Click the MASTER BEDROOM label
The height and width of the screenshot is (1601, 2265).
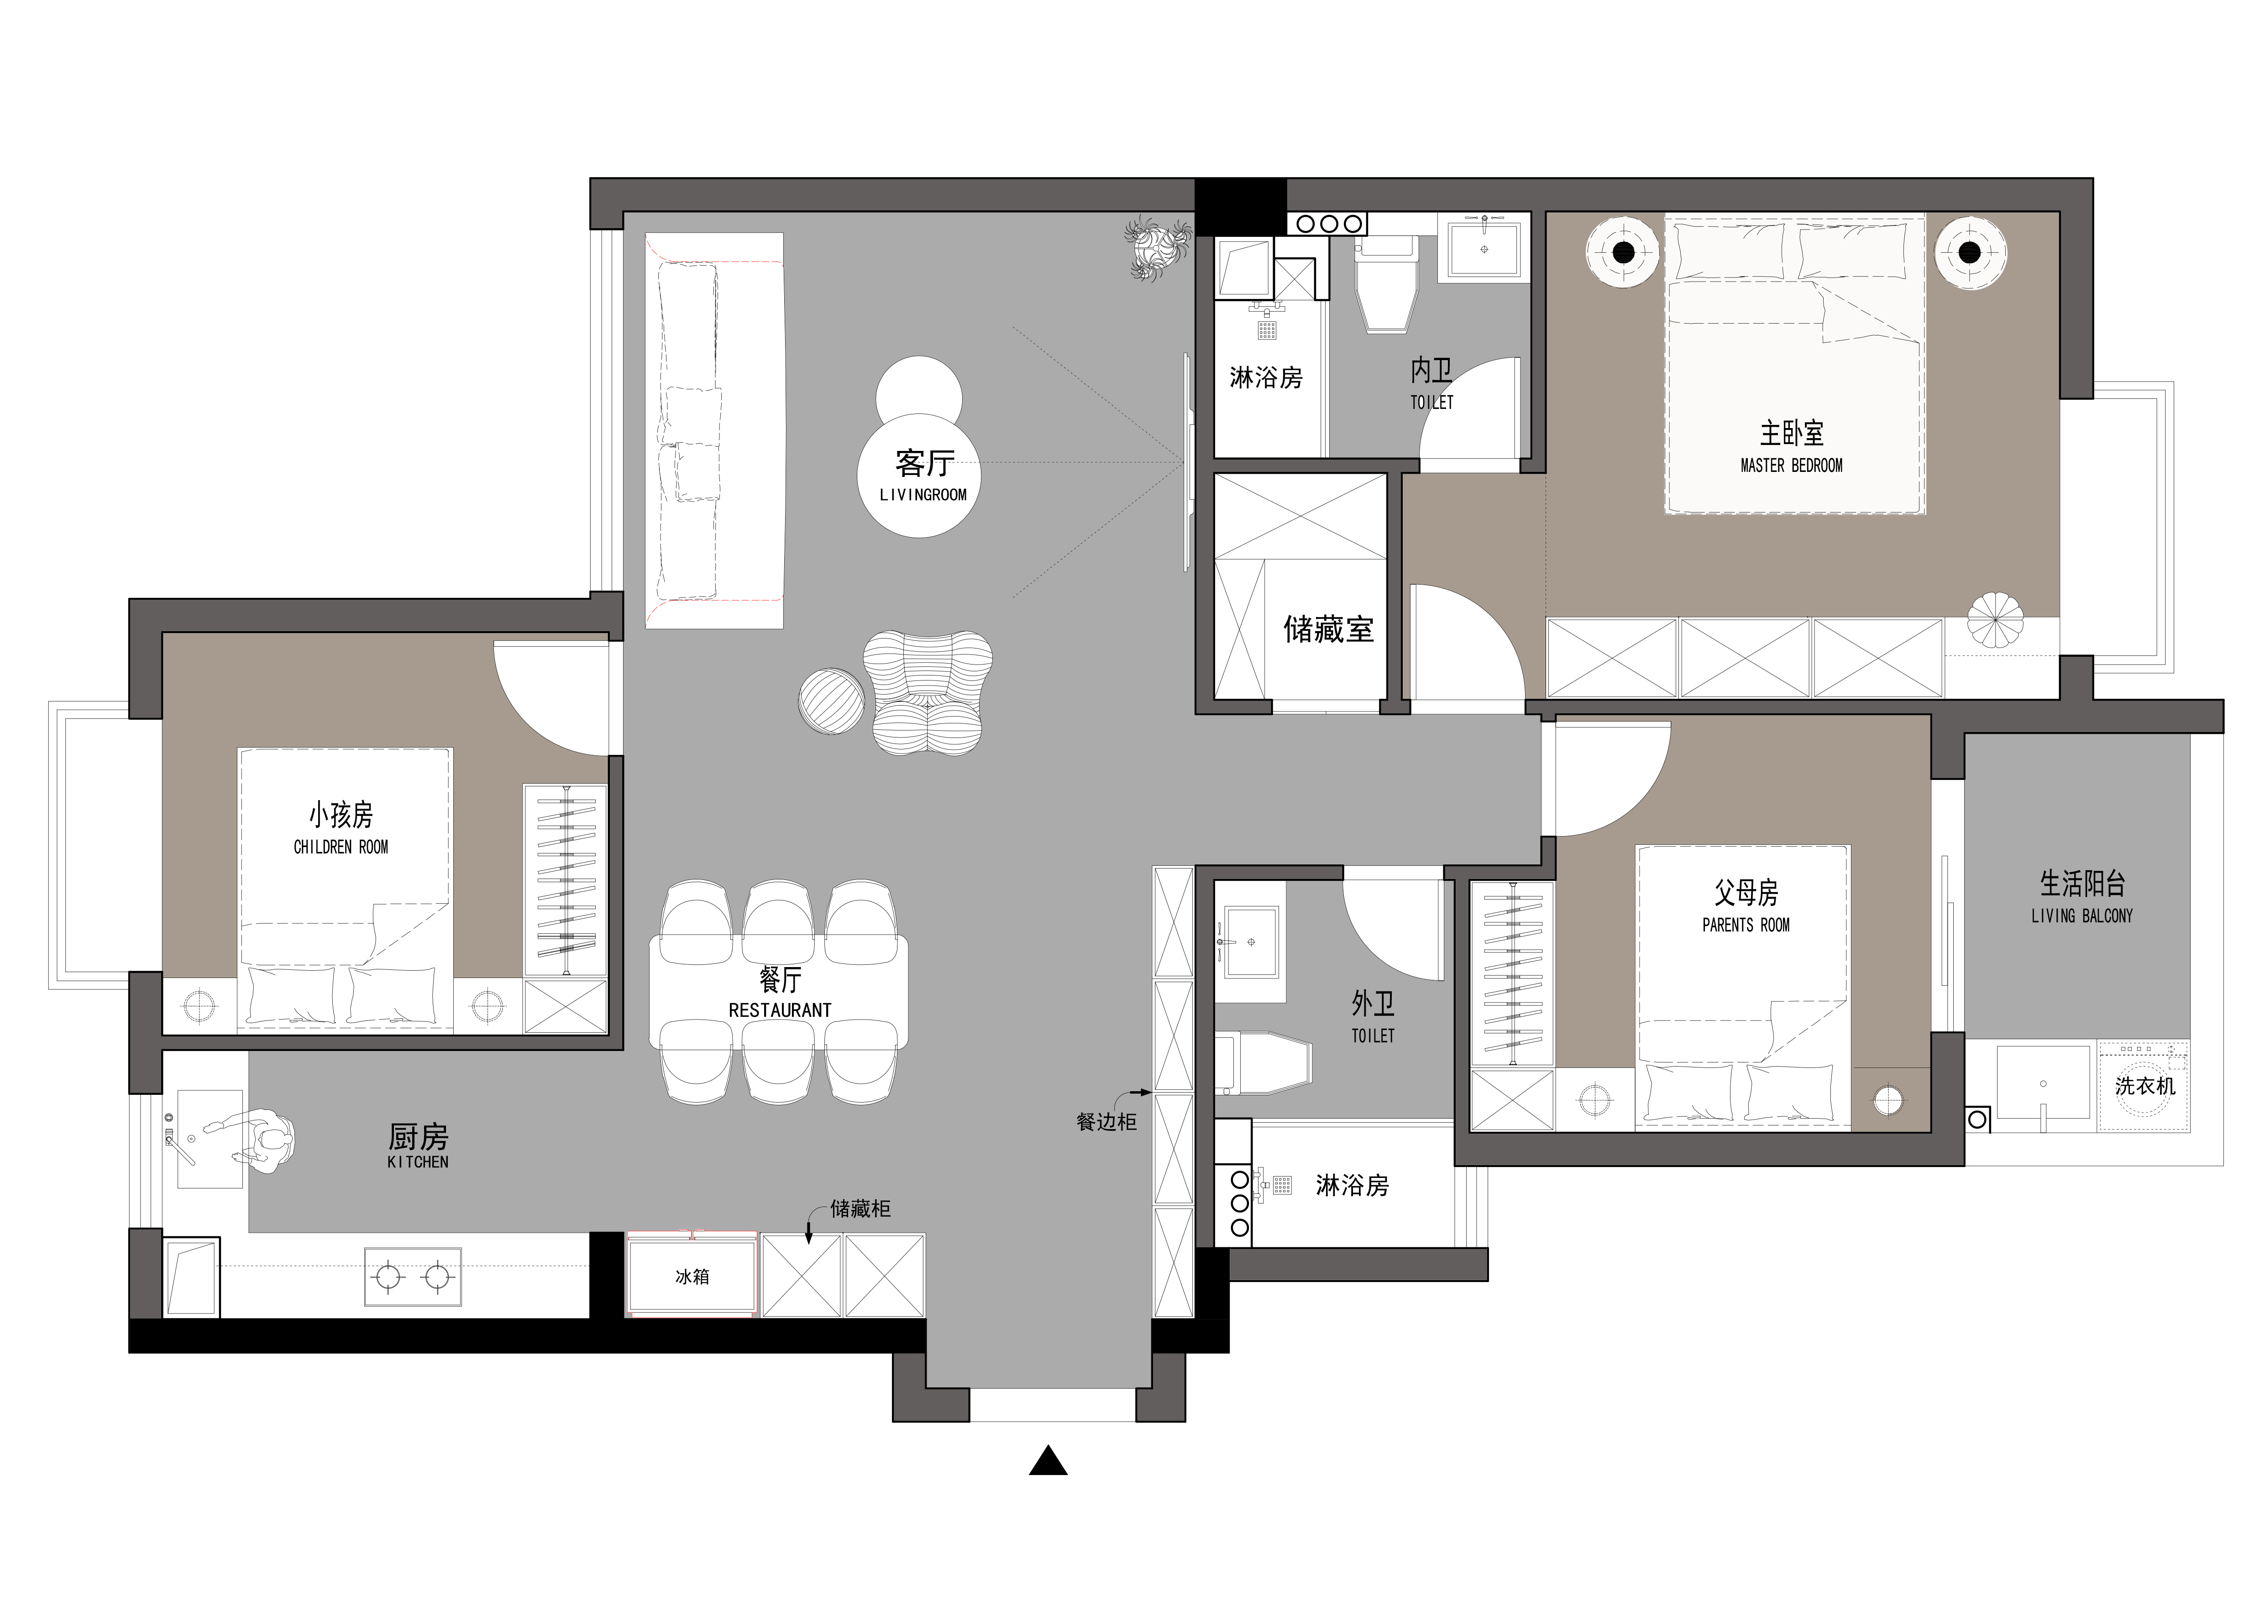(x=1792, y=466)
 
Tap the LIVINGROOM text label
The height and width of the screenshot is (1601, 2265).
(x=923, y=495)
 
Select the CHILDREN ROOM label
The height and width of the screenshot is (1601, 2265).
(x=341, y=848)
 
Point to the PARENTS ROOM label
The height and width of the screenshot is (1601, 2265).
(x=1746, y=925)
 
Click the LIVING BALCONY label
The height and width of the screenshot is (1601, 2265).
(x=2081, y=916)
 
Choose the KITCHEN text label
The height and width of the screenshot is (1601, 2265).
(x=418, y=1162)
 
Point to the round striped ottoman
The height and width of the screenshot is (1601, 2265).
(x=832, y=701)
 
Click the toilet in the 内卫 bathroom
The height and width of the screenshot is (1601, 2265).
(x=1387, y=286)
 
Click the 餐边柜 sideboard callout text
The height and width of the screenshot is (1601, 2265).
(x=1106, y=1122)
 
